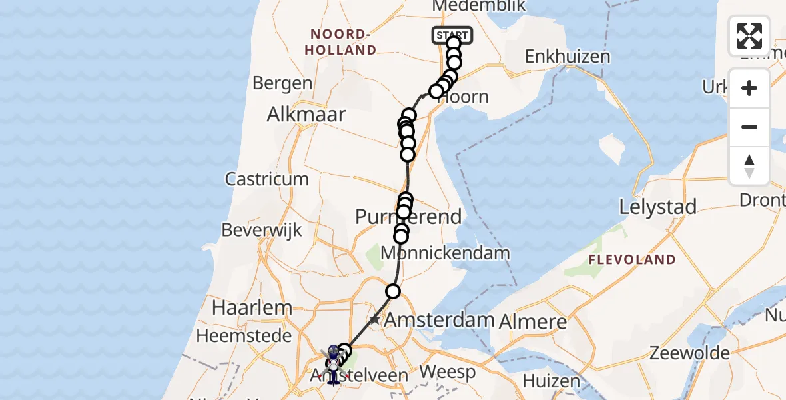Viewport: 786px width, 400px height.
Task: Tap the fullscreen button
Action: pyautogui.click(x=749, y=36)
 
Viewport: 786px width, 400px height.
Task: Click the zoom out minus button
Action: pyautogui.click(x=749, y=127)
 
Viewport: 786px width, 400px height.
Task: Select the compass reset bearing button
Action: pyautogui.click(x=749, y=165)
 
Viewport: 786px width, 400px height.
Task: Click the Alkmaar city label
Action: pyautogui.click(x=306, y=115)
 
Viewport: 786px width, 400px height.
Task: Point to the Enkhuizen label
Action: pyautogui.click(x=568, y=57)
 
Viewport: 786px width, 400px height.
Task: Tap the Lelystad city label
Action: pyautogui.click(x=658, y=207)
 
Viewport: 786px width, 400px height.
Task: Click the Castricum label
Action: pyautogui.click(x=266, y=179)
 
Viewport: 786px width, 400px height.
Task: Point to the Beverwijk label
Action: pyautogui.click(x=262, y=230)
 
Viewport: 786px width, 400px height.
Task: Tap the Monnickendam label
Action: pyautogui.click(x=445, y=253)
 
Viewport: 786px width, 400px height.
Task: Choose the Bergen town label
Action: pyautogui.click(x=282, y=83)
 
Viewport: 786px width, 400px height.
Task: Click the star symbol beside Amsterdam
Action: pyautogui.click(x=375, y=320)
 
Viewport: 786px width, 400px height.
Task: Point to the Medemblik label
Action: pyautogui.click(x=479, y=6)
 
